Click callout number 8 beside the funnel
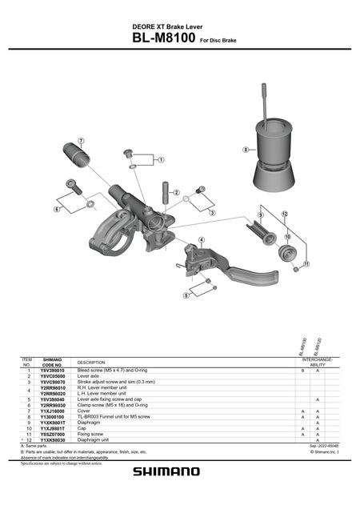246,149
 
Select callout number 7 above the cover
81,141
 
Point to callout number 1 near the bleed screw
161,160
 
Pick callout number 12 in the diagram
284,214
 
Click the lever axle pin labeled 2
166,194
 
